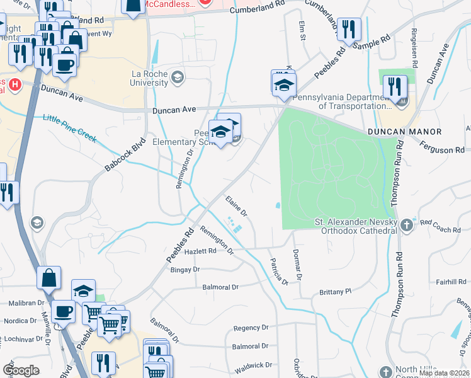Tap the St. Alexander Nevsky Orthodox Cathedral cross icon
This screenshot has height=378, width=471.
coord(407,225)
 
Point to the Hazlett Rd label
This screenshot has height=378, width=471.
coord(200,251)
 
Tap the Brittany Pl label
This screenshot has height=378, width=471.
coord(334,292)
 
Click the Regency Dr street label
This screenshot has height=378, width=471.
coord(251,328)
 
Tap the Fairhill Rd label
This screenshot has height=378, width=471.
coord(450,282)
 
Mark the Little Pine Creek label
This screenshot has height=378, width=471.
coord(70,128)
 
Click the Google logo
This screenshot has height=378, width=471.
coord(21,370)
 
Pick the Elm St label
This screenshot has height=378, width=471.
coord(302,31)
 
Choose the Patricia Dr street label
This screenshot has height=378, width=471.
coord(278,272)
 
